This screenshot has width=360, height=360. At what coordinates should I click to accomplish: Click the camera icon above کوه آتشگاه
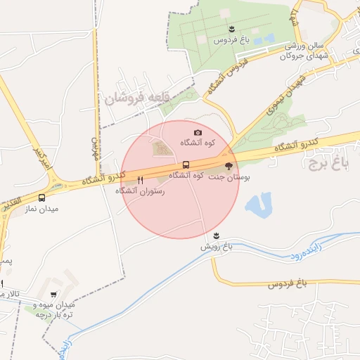coord(198,132)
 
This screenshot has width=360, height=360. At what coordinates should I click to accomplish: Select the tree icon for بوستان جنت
coord(229,165)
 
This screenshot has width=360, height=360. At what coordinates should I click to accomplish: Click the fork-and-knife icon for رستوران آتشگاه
coord(141,180)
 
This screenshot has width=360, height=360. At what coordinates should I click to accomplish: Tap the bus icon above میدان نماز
coord(43,198)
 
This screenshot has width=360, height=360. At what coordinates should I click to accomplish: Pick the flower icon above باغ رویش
coord(217,236)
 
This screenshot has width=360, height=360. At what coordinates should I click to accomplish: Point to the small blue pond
coord(257,205)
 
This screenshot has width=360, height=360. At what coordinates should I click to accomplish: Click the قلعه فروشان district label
coord(134,98)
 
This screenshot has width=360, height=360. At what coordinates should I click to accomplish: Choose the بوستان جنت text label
coord(231,177)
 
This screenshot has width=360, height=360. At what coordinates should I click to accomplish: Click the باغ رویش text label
coord(217,247)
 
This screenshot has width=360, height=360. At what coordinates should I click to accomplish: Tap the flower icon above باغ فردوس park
coord(231,28)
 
